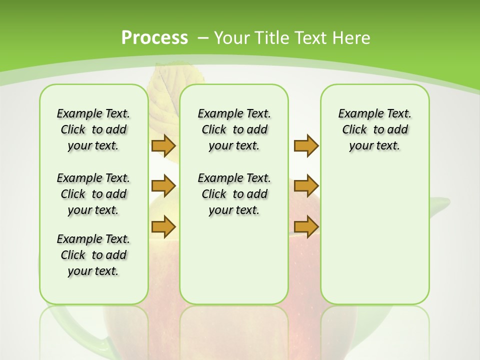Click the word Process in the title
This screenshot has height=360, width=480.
154,37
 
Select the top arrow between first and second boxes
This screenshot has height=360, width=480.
163,145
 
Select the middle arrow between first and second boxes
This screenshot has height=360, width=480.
163,186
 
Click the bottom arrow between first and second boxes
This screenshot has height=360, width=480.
163,226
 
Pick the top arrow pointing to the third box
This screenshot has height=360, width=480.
306,145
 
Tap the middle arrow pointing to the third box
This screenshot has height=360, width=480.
306,186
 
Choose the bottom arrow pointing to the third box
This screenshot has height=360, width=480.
306,226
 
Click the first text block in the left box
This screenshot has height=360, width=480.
93,129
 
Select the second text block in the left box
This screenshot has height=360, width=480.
93,194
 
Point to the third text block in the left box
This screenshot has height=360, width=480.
93,255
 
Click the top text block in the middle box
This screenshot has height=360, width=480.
234,129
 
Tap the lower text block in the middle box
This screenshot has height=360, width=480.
234,194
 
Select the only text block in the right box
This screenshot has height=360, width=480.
374,129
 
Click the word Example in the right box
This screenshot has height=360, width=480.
357,113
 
